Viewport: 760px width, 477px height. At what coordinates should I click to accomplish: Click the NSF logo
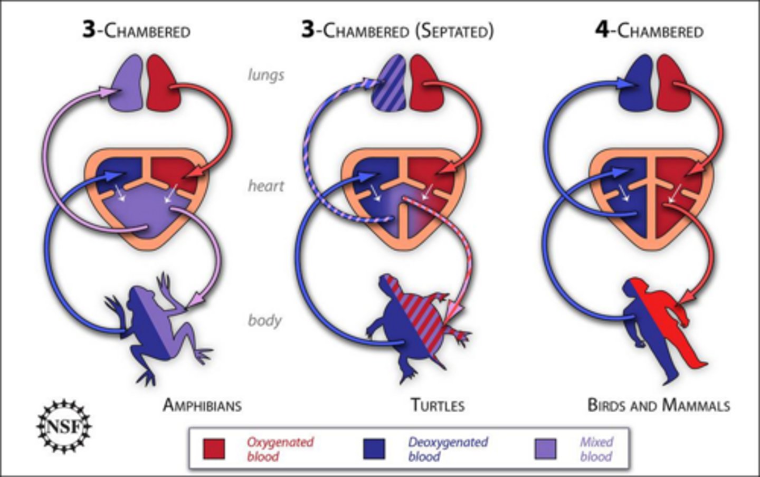coord(64,426)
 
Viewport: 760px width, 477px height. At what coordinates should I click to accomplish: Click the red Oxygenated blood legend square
coord(214,449)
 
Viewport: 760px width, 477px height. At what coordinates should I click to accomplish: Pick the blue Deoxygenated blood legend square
coord(374,449)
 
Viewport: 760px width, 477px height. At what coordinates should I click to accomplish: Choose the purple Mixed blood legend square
coord(545,449)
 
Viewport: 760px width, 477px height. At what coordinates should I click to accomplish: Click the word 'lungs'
coord(266,75)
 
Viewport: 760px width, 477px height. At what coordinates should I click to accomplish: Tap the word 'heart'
coord(266,186)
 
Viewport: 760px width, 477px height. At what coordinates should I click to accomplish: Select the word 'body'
coord(264,320)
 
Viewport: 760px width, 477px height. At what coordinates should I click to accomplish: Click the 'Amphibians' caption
coord(202,405)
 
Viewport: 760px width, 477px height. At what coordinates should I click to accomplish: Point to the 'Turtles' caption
coord(438,405)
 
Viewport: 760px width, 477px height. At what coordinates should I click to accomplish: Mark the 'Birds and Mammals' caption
coord(659,405)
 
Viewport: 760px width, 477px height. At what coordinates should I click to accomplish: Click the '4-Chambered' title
coord(649,31)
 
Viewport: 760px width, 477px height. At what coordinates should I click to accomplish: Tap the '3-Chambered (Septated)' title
coord(397,31)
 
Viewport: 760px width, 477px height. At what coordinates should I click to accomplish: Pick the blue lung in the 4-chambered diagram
coord(640,84)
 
